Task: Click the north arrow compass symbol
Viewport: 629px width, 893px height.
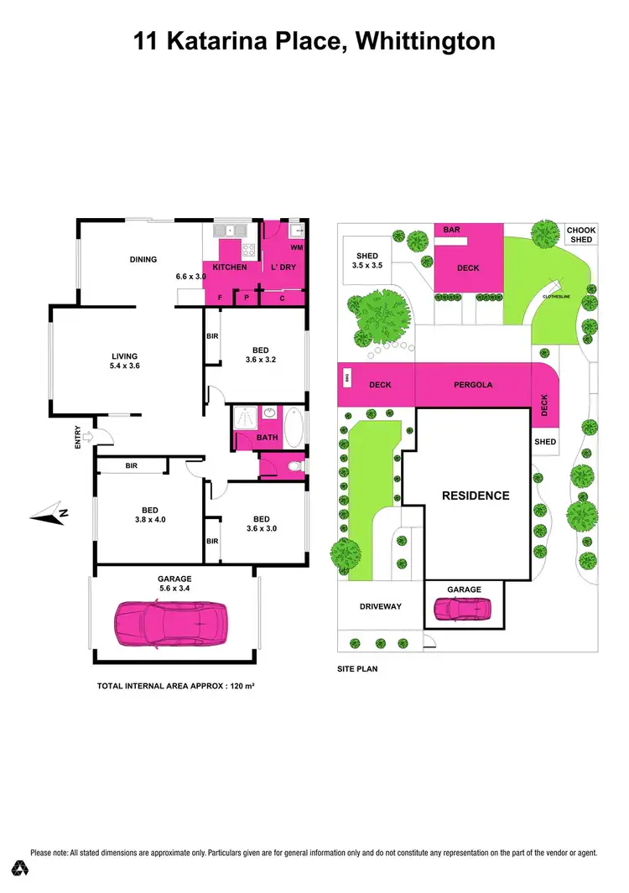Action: (49, 513)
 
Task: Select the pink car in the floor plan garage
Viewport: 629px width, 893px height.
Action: (171, 621)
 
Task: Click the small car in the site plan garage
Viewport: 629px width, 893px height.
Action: (464, 609)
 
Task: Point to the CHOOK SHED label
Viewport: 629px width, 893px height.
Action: (580, 235)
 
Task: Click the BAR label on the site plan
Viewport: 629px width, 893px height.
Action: (450, 229)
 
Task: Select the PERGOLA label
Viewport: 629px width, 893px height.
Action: (474, 385)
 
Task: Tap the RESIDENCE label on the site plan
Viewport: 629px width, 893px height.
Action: (476, 496)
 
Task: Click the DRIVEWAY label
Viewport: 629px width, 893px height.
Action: (381, 605)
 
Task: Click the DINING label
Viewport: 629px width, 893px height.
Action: (143, 259)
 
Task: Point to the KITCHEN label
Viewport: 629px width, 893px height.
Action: (229, 267)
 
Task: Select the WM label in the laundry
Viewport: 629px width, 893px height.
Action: (296, 248)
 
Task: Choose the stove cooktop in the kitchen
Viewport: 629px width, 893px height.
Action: (248, 249)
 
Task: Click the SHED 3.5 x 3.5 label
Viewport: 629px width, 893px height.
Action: (367, 261)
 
